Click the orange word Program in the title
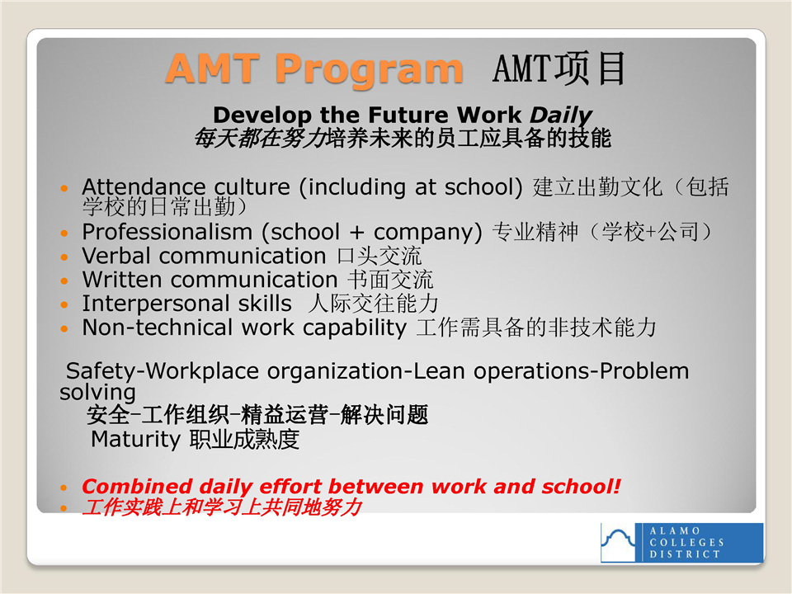(x=370, y=69)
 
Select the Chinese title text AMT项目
(x=559, y=68)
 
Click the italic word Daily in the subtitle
(x=561, y=115)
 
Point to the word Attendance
(x=144, y=187)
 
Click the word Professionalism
(x=167, y=232)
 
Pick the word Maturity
(x=135, y=440)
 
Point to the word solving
(x=97, y=393)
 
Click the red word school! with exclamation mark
(x=581, y=487)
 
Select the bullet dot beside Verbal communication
(x=64, y=257)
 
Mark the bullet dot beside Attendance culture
(x=64, y=188)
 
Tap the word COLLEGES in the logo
(x=686, y=543)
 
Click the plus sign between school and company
(x=356, y=233)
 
